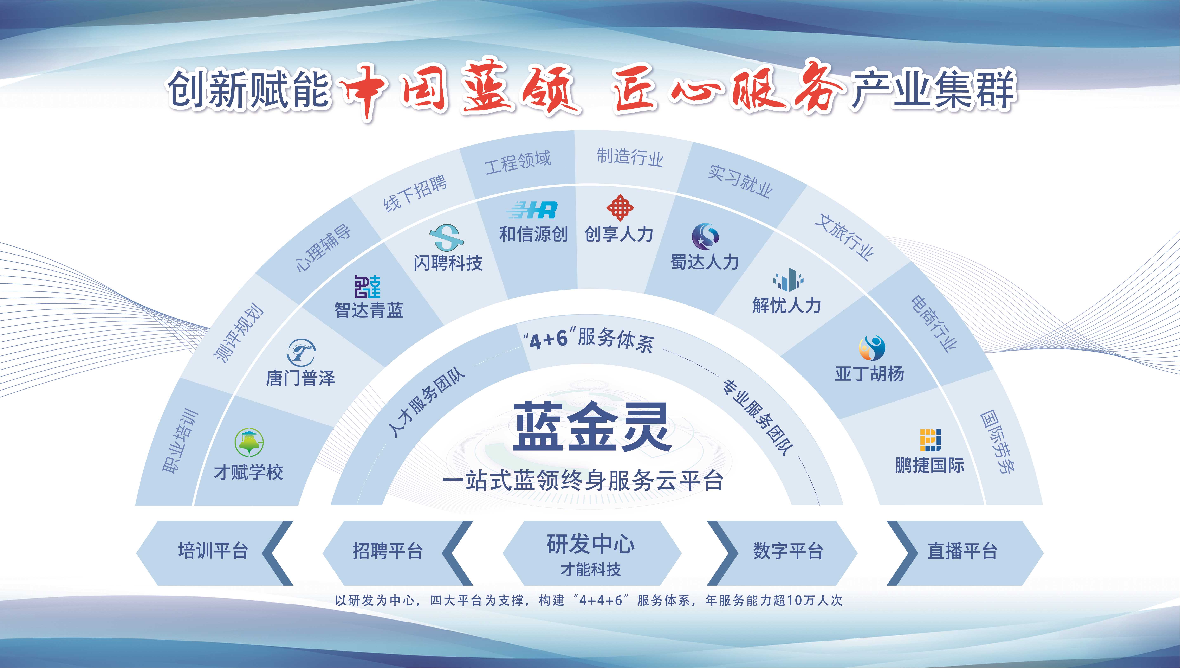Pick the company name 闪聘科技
[448, 263]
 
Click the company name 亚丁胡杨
[869, 374]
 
